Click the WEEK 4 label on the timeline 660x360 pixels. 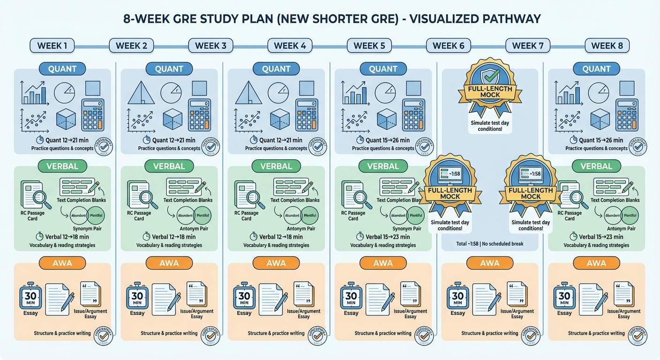(x=290, y=45)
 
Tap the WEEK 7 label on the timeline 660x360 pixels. (x=528, y=45)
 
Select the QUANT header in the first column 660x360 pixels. (x=62, y=69)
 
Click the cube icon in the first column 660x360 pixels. (x=66, y=119)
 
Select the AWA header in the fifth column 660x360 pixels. (x=490, y=263)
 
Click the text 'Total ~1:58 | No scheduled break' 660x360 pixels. (x=490, y=244)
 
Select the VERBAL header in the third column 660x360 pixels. (x=276, y=166)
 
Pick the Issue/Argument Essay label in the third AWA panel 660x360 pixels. (x=303, y=314)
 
